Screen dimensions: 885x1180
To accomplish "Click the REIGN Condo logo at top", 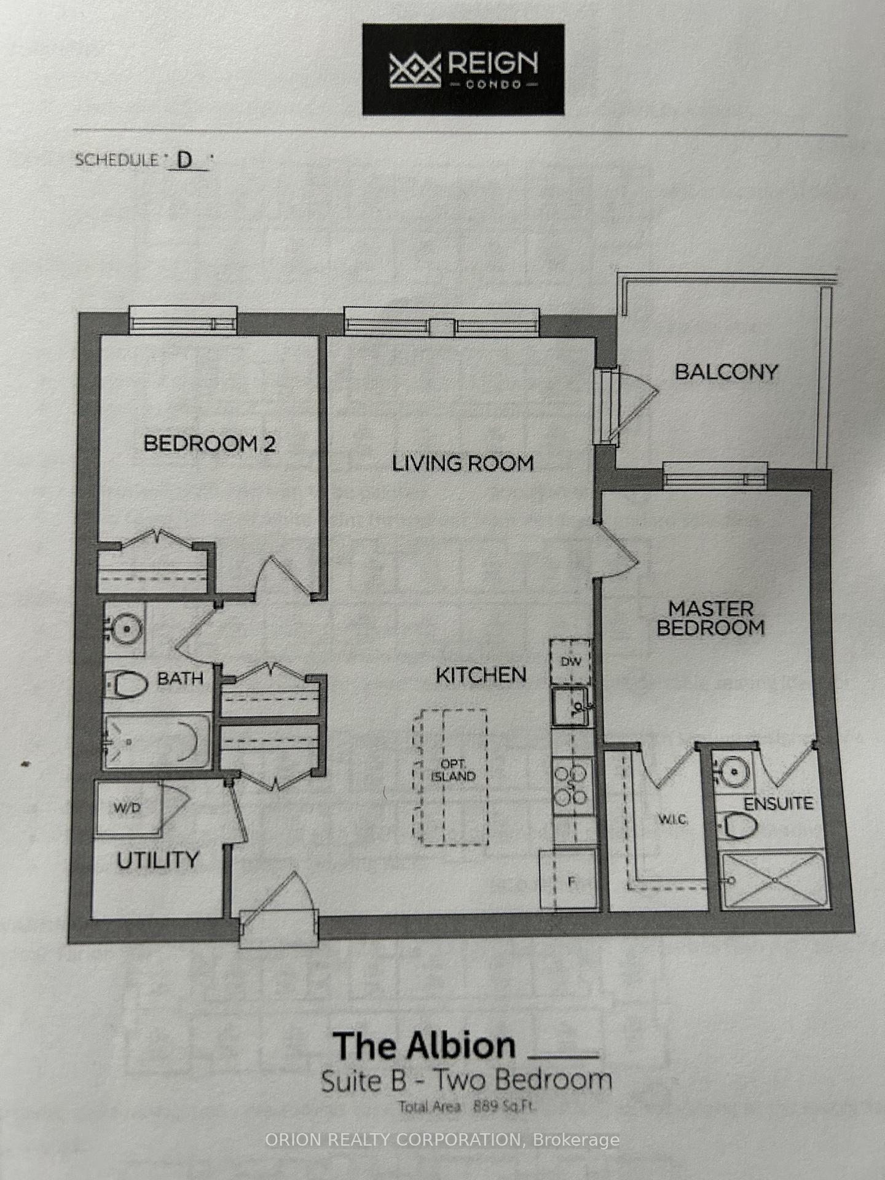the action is tap(463, 69).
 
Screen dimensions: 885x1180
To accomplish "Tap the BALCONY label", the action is tap(726, 372).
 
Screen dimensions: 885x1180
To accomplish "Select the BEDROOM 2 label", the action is tap(210, 443).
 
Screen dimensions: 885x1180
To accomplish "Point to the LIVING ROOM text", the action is tap(463, 463).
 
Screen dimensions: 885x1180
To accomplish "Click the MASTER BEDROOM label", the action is tap(710, 618).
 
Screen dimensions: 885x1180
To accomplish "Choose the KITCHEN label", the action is tap(481, 675).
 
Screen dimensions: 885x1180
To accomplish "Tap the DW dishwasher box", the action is tap(570, 662).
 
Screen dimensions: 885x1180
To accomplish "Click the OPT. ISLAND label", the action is tap(453, 770).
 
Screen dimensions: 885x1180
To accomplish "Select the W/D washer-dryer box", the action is tap(127, 808).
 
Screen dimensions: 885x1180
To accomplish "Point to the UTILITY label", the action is tap(158, 860).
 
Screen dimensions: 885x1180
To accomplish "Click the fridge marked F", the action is tap(569, 879).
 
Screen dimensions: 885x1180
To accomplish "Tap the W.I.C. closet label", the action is tap(674, 819).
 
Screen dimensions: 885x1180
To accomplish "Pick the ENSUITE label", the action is tap(778, 803).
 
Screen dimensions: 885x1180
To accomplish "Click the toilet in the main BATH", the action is tap(127, 683).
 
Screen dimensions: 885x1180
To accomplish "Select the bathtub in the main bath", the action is tap(157, 741).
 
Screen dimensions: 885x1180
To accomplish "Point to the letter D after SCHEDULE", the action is tap(184, 161).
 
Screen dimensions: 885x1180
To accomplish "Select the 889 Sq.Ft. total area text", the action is tap(504, 1107).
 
